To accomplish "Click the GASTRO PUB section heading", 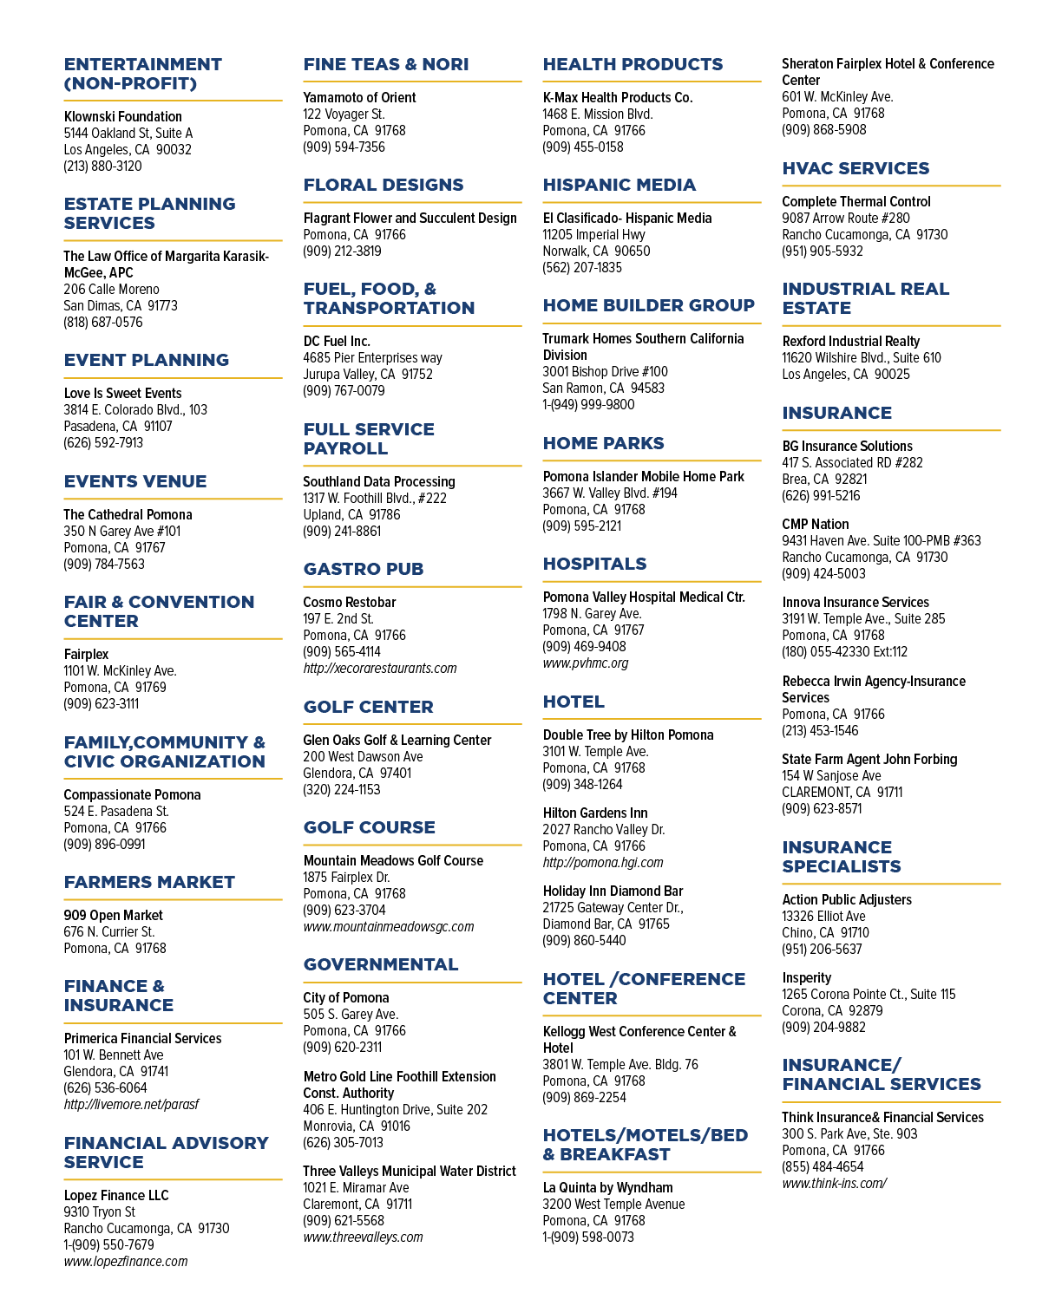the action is tap(364, 568).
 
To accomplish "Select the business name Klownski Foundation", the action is tap(122, 116).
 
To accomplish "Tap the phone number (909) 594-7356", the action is tap(344, 147).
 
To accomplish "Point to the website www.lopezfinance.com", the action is tap(126, 1261).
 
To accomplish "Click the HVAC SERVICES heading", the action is tap(855, 168).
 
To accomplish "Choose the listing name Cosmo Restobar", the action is tap(349, 602).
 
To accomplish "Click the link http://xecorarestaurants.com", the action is tap(380, 668).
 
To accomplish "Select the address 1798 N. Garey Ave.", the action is tap(592, 613).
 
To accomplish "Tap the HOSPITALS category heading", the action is tap(594, 564).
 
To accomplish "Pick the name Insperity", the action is tap(806, 977).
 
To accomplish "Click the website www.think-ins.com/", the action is tap(835, 1184).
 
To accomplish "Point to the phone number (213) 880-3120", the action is tap(102, 167).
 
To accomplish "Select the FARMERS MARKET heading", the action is tap(149, 882).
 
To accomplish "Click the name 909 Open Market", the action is tap(113, 915).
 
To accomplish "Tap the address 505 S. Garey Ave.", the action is tap(351, 1014).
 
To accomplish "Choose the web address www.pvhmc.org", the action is tap(586, 663).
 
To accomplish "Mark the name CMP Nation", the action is tap(816, 525).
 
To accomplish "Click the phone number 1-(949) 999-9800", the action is tap(588, 405).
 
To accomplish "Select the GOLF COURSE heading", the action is tap(369, 827).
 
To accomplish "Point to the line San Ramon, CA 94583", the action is tap(603, 389).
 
